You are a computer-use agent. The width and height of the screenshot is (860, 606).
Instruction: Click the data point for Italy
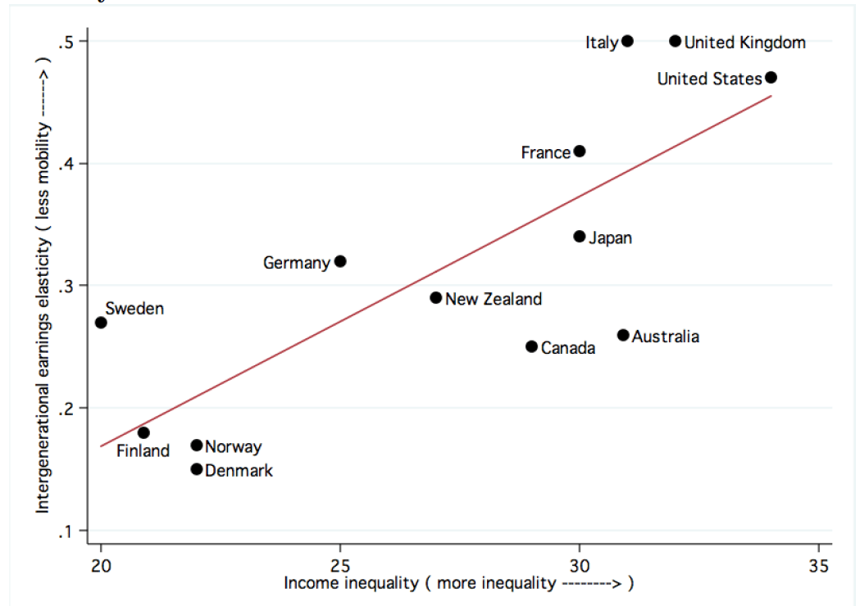tap(627, 41)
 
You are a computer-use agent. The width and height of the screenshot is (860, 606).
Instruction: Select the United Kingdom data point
tap(676, 41)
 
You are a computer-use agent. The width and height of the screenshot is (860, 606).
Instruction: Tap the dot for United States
tap(771, 78)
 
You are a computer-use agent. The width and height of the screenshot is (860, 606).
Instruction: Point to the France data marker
tap(580, 151)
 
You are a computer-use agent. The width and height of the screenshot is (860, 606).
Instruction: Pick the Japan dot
tap(580, 237)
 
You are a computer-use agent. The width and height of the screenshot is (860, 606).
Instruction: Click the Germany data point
tap(340, 261)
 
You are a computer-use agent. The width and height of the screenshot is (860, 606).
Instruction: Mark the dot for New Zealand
tap(436, 298)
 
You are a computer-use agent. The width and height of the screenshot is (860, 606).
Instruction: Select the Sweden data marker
tap(101, 323)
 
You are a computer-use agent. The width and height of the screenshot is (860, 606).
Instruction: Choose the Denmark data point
tap(197, 469)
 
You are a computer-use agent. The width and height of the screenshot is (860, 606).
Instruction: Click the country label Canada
tap(568, 349)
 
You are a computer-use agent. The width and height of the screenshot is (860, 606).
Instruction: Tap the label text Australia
tap(666, 337)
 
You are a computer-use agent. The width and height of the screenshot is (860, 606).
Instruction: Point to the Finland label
tap(143, 450)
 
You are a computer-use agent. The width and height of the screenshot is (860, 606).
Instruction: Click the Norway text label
tap(234, 446)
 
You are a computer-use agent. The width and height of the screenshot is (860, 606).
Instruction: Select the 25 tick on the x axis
tap(340, 566)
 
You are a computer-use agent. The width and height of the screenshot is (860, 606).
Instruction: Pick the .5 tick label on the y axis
tap(66, 41)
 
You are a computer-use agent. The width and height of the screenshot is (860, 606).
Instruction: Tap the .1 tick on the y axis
tap(66, 531)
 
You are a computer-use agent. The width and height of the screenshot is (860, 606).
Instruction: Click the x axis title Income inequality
tap(459, 584)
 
